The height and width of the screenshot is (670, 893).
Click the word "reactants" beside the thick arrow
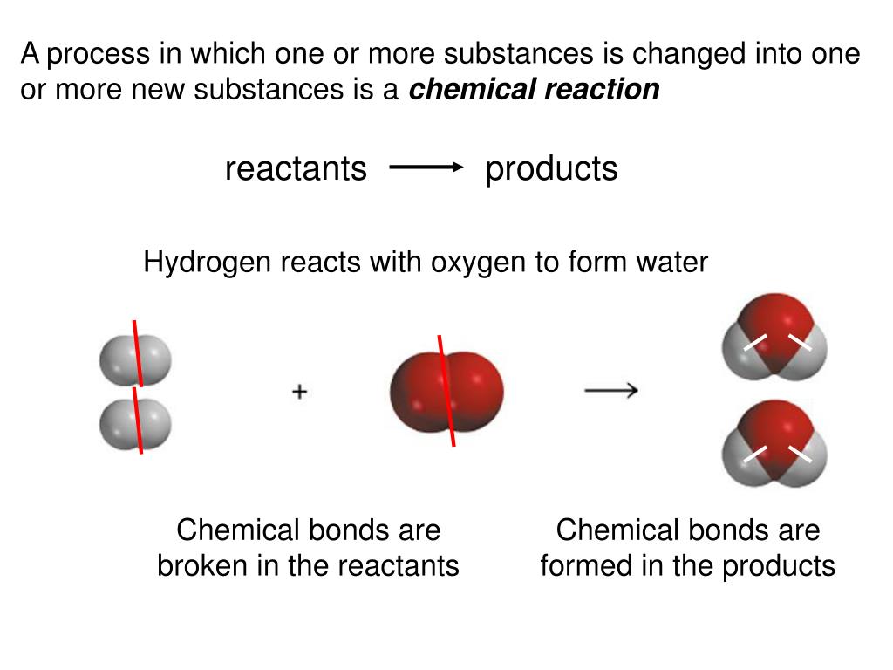[296, 169]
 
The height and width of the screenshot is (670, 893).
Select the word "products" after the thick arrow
[551, 169]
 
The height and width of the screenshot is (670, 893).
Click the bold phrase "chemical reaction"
[535, 89]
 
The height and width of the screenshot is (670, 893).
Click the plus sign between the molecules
[299, 392]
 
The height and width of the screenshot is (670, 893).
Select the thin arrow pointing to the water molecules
[610, 390]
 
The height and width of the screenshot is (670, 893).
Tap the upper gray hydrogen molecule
[135, 360]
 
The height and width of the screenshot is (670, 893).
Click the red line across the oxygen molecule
[446, 390]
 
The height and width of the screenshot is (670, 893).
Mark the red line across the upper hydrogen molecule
[137, 352]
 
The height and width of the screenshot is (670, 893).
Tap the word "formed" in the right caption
[585, 566]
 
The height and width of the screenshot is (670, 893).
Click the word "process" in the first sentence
[99, 54]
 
